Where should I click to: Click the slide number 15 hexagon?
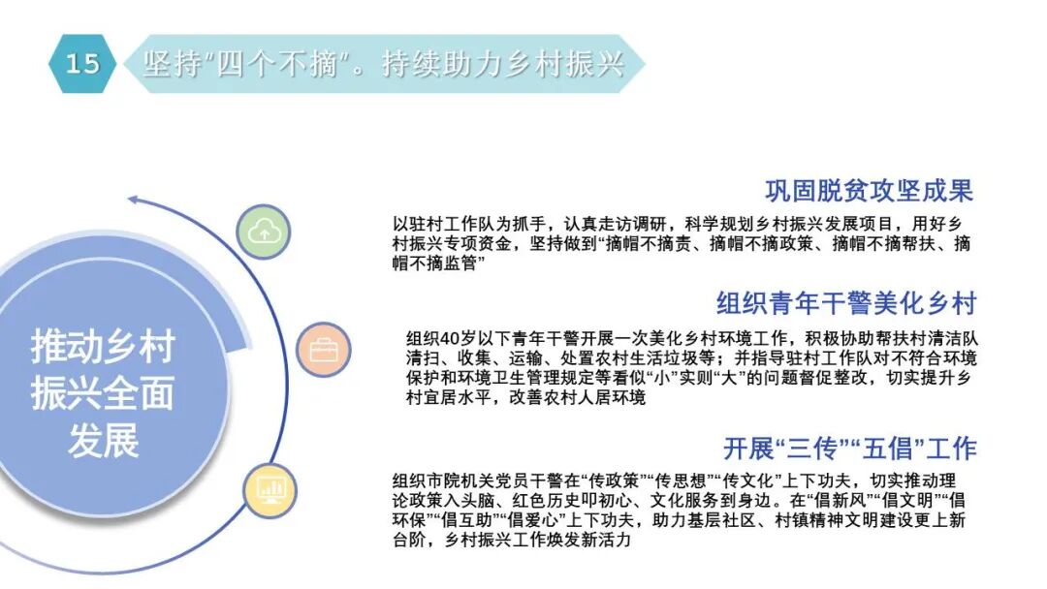click(82, 64)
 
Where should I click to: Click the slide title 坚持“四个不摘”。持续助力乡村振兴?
click(383, 64)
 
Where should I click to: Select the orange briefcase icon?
click(323, 350)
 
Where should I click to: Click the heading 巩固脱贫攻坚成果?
click(869, 190)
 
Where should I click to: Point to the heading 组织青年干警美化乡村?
click(846, 303)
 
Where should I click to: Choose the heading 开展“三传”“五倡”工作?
click(849, 449)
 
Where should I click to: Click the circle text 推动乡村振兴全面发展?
click(103, 392)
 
